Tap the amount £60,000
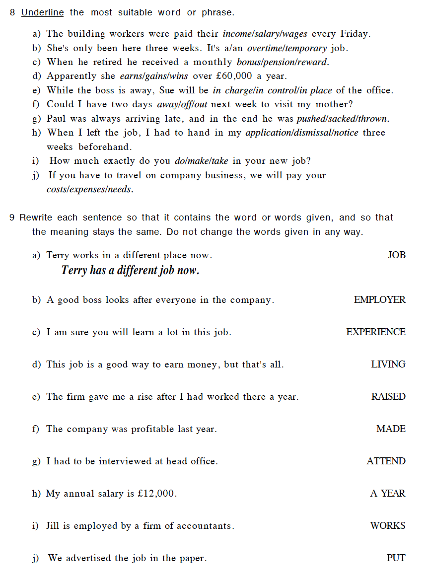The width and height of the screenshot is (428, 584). (233, 76)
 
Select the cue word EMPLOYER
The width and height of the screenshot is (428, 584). (379, 300)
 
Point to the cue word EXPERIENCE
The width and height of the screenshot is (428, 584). (375, 332)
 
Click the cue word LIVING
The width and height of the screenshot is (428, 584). (388, 365)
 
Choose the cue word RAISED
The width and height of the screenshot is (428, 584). (388, 397)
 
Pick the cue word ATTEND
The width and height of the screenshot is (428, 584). (386, 461)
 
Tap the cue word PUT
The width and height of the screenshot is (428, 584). (396, 558)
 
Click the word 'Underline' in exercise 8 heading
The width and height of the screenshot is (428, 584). (42, 12)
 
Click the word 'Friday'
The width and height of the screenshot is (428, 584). (355, 34)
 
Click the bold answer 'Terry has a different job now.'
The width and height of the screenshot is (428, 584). (130, 271)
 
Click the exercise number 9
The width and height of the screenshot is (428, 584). (12, 218)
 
